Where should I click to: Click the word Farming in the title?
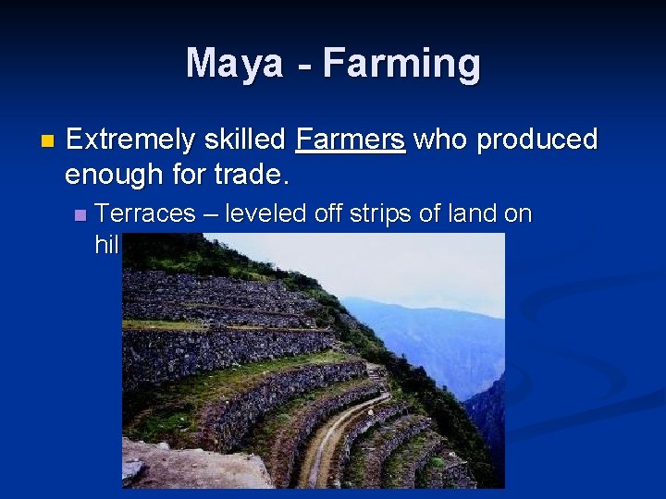(x=401, y=64)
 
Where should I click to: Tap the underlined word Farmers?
(x=350, y=140)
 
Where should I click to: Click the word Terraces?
(x=145, y=214)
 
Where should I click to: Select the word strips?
(x=382, y=215)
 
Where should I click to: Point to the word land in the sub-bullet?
(x=473, y=214)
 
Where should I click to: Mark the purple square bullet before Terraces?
(x=80, y=215)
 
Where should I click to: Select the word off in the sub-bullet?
(x=327, y=214)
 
